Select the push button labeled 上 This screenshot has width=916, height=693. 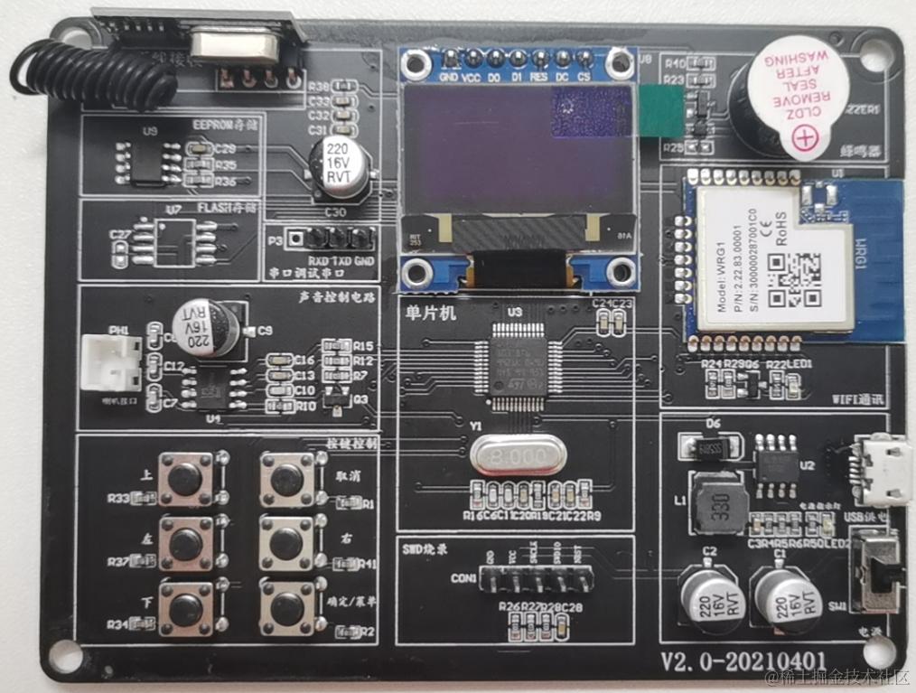(186, 479)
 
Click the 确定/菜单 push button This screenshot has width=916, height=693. (287, 608)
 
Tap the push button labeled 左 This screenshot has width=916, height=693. (186, 543)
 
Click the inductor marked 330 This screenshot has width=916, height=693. (719, 502)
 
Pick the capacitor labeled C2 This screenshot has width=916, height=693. (706, 596)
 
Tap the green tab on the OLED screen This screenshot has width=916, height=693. (662, 112)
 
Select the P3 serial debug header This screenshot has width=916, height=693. (336, 239)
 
